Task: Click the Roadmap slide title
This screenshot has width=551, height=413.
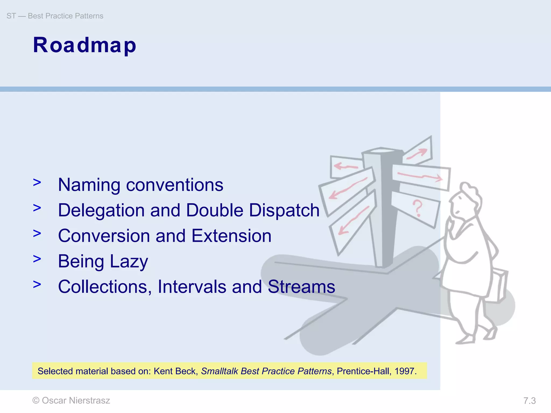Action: (84, 45)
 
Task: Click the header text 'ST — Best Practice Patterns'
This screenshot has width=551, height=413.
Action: (55, 16)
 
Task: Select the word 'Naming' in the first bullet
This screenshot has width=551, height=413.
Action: (89, 185)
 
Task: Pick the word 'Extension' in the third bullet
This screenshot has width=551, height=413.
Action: (231, 236)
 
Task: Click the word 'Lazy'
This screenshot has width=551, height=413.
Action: (129, 261)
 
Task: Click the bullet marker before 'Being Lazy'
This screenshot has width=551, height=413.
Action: (37, 259)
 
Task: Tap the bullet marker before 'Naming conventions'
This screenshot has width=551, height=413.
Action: (37, 183)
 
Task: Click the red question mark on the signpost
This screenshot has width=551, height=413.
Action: (417, 208)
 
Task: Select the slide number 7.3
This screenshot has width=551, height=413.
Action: (529, 401)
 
